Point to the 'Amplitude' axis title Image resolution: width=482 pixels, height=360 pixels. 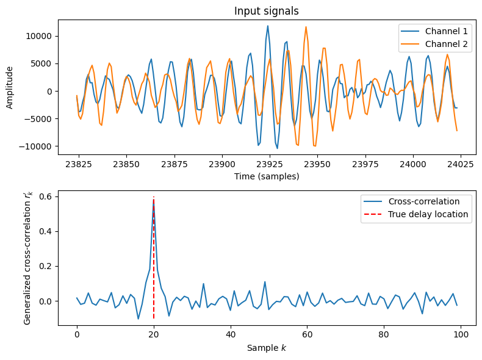[10, 88]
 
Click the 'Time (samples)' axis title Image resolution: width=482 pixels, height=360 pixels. [267, 176]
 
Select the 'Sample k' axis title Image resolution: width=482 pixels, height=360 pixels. [267, 348]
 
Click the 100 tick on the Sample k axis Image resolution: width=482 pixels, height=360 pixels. [461, 336]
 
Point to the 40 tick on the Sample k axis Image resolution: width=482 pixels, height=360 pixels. [230, 336]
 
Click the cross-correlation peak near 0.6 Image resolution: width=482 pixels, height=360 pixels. [154, 200]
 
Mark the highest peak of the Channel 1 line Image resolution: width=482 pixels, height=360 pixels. [267, 26]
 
